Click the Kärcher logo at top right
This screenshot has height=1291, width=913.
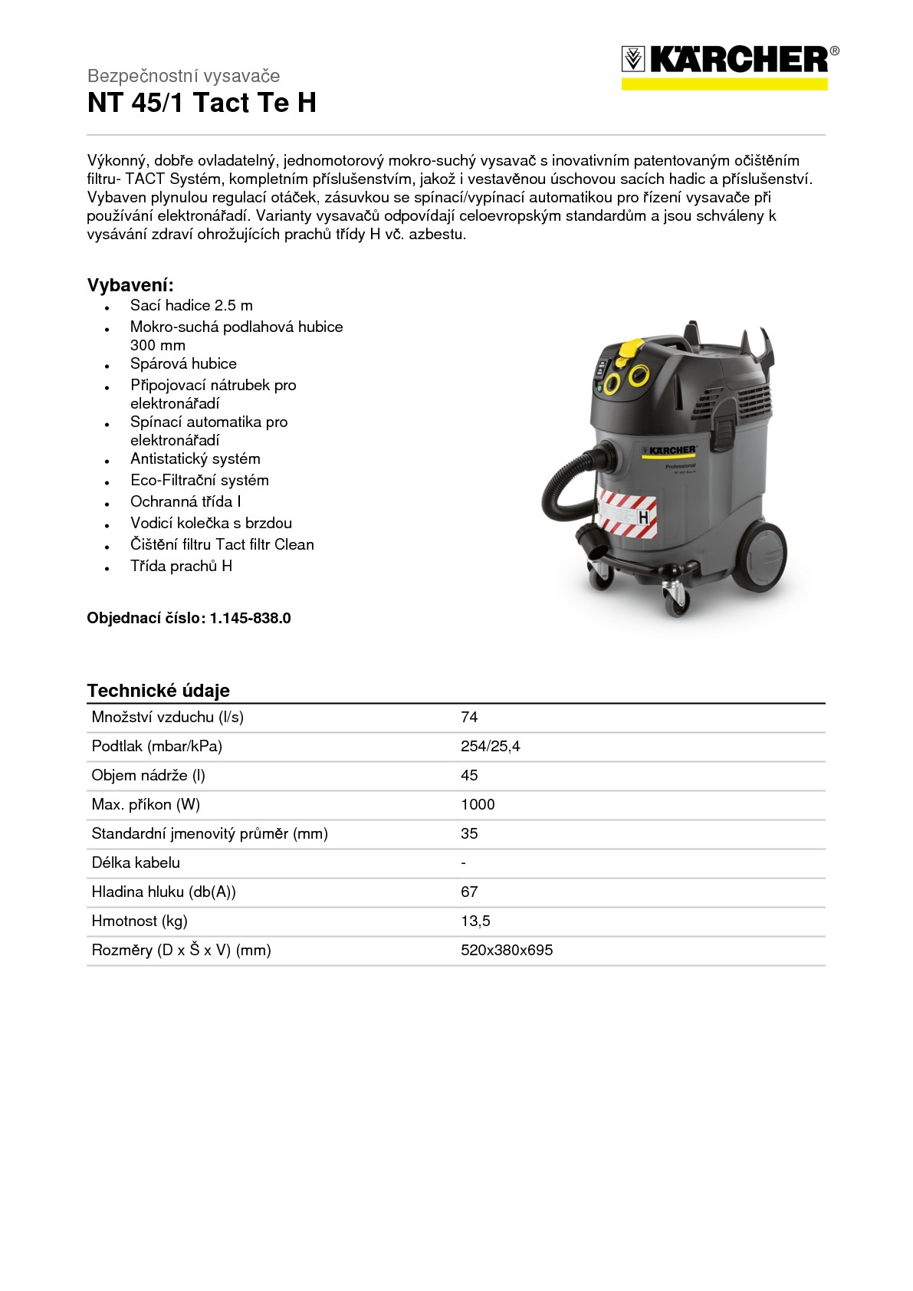point(729,66)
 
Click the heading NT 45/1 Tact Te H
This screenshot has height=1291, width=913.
point(202,103)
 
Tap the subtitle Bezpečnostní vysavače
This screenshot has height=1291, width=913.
point(183,76)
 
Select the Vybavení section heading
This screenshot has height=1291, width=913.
point(130,285)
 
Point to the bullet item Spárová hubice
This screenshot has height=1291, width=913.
point(183,363)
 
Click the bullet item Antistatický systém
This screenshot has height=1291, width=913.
point(195,458)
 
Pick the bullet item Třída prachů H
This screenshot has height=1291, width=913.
point(181,566)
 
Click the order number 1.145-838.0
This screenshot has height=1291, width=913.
point(250,618)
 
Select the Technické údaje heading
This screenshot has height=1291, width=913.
point(158,690)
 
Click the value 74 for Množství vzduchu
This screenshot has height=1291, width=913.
point(469,717)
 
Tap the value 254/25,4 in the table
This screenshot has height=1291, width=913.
point(490,746)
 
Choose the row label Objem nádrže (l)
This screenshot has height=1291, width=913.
point(148,775)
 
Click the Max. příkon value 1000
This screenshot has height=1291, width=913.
point(478,804)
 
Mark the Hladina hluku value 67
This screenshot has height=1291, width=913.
point(469,892)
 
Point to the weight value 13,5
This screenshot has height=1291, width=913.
point(475,921)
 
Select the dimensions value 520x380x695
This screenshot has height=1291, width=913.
point(507,950)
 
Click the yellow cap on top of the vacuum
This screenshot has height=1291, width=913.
point(629,349)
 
